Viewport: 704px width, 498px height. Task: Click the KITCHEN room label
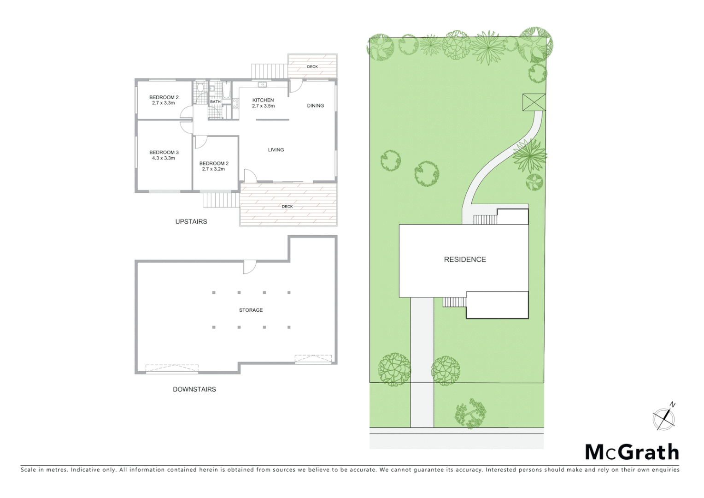click(263, 100)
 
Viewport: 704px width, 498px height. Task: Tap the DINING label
click(316, 106)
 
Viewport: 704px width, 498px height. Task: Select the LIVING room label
click(276, 150)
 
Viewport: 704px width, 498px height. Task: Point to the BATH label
click(215, 102)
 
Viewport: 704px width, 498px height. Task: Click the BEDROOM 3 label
click(164, 153)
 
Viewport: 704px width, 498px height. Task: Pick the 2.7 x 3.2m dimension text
click(213, 169)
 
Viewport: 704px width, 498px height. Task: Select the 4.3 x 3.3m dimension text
click(164, 158)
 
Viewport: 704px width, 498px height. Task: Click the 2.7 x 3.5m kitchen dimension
click(263, 106)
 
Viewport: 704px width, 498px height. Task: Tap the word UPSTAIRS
click(191, 222)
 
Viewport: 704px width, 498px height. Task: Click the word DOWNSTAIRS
click(194, 390)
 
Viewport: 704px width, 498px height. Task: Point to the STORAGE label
click(251, 310)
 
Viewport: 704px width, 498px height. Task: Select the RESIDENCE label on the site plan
click(465, 260)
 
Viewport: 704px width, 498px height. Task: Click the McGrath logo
click(632, 452)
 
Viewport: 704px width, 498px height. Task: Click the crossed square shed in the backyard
click(534, 102)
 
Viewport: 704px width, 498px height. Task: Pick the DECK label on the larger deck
click(287, 207)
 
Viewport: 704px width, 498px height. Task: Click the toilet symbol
click(200, 88)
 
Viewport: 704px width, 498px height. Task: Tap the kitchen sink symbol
click(262, 84)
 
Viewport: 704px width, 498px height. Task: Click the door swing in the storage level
click(249, 267)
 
